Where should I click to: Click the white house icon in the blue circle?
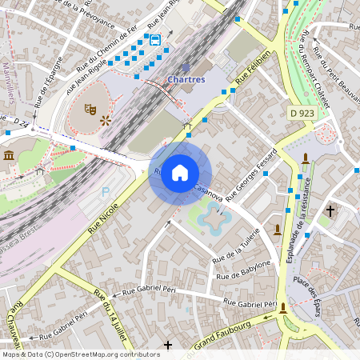[180, 172]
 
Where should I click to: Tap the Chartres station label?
[186, 79]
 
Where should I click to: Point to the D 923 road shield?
[302, 114]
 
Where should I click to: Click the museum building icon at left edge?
[8, 154]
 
